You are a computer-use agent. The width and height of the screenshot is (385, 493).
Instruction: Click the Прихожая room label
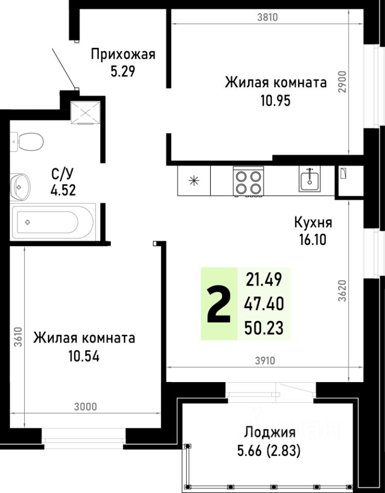coord(123,54)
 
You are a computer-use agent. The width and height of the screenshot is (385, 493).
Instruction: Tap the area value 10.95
coord(276,100)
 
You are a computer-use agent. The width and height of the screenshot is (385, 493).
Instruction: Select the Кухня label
coord(313,223)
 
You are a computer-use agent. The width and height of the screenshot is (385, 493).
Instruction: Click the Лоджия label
coord(269,432)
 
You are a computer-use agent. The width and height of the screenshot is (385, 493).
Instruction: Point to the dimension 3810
coord(267,17)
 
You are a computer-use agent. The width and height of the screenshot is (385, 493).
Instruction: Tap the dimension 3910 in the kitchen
coord(265,361)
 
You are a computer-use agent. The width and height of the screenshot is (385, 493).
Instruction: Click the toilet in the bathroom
coord(28,141)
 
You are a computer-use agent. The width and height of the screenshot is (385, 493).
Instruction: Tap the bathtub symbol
coord(53,222)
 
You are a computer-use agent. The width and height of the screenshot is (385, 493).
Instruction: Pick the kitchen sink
coord(310,180)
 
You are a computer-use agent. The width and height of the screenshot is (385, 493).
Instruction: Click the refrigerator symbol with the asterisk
coord(194,181)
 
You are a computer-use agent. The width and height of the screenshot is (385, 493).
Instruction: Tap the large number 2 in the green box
coord(218,304)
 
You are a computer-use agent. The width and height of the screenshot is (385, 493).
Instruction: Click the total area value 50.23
coord(265,327)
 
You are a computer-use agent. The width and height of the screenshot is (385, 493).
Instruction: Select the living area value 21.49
coord(265,280)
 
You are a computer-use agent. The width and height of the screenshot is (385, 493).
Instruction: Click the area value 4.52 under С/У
coord(63,191)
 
